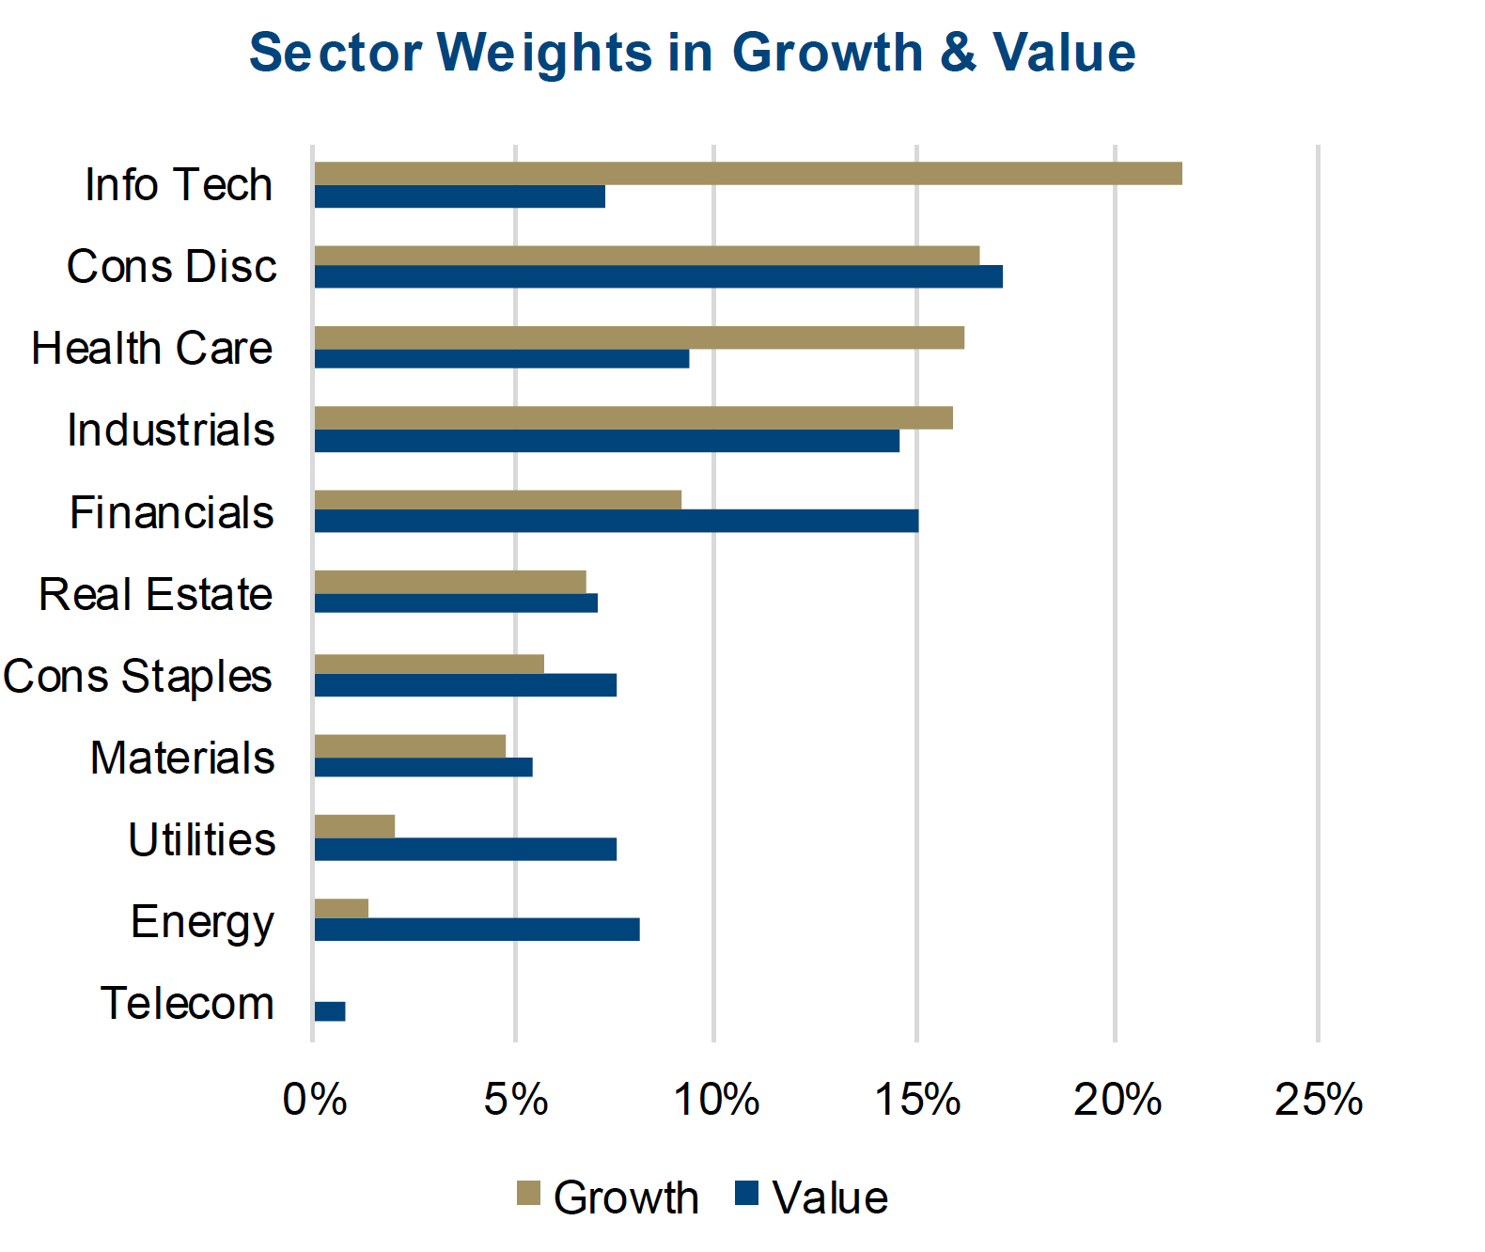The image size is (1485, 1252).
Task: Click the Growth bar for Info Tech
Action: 747,174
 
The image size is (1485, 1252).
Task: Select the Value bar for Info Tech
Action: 460,196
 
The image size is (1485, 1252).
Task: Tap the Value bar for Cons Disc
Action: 658,276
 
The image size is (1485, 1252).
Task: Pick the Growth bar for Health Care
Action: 639,337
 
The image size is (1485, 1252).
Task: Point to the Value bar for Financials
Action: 616,521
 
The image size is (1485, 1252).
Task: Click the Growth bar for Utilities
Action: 354,826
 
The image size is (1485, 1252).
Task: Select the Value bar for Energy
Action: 477,930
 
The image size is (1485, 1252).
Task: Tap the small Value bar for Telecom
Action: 330,1011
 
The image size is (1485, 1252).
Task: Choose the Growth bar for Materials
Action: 410,746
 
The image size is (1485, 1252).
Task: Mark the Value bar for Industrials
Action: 606,441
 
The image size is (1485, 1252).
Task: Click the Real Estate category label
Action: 156,595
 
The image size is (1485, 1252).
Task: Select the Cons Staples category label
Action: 137,677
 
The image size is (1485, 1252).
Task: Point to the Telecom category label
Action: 187,1004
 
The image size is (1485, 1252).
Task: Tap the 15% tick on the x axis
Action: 917,1100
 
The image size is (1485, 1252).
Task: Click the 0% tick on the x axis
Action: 315,1100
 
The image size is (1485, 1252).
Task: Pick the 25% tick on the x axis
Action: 1318,1100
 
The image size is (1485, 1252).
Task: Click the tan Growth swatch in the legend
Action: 528,1193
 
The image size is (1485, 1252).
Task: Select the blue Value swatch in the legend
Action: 746,1193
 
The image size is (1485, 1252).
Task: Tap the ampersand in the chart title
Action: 958,53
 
